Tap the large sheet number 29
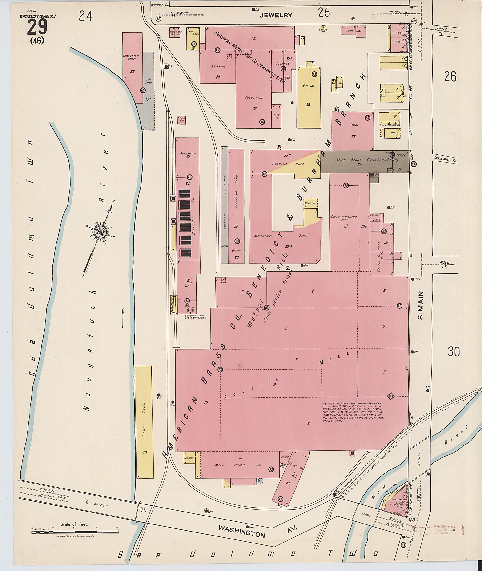[x=37, y=28]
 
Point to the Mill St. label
[x=443, y=264]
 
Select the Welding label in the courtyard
[x=310, y=203]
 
